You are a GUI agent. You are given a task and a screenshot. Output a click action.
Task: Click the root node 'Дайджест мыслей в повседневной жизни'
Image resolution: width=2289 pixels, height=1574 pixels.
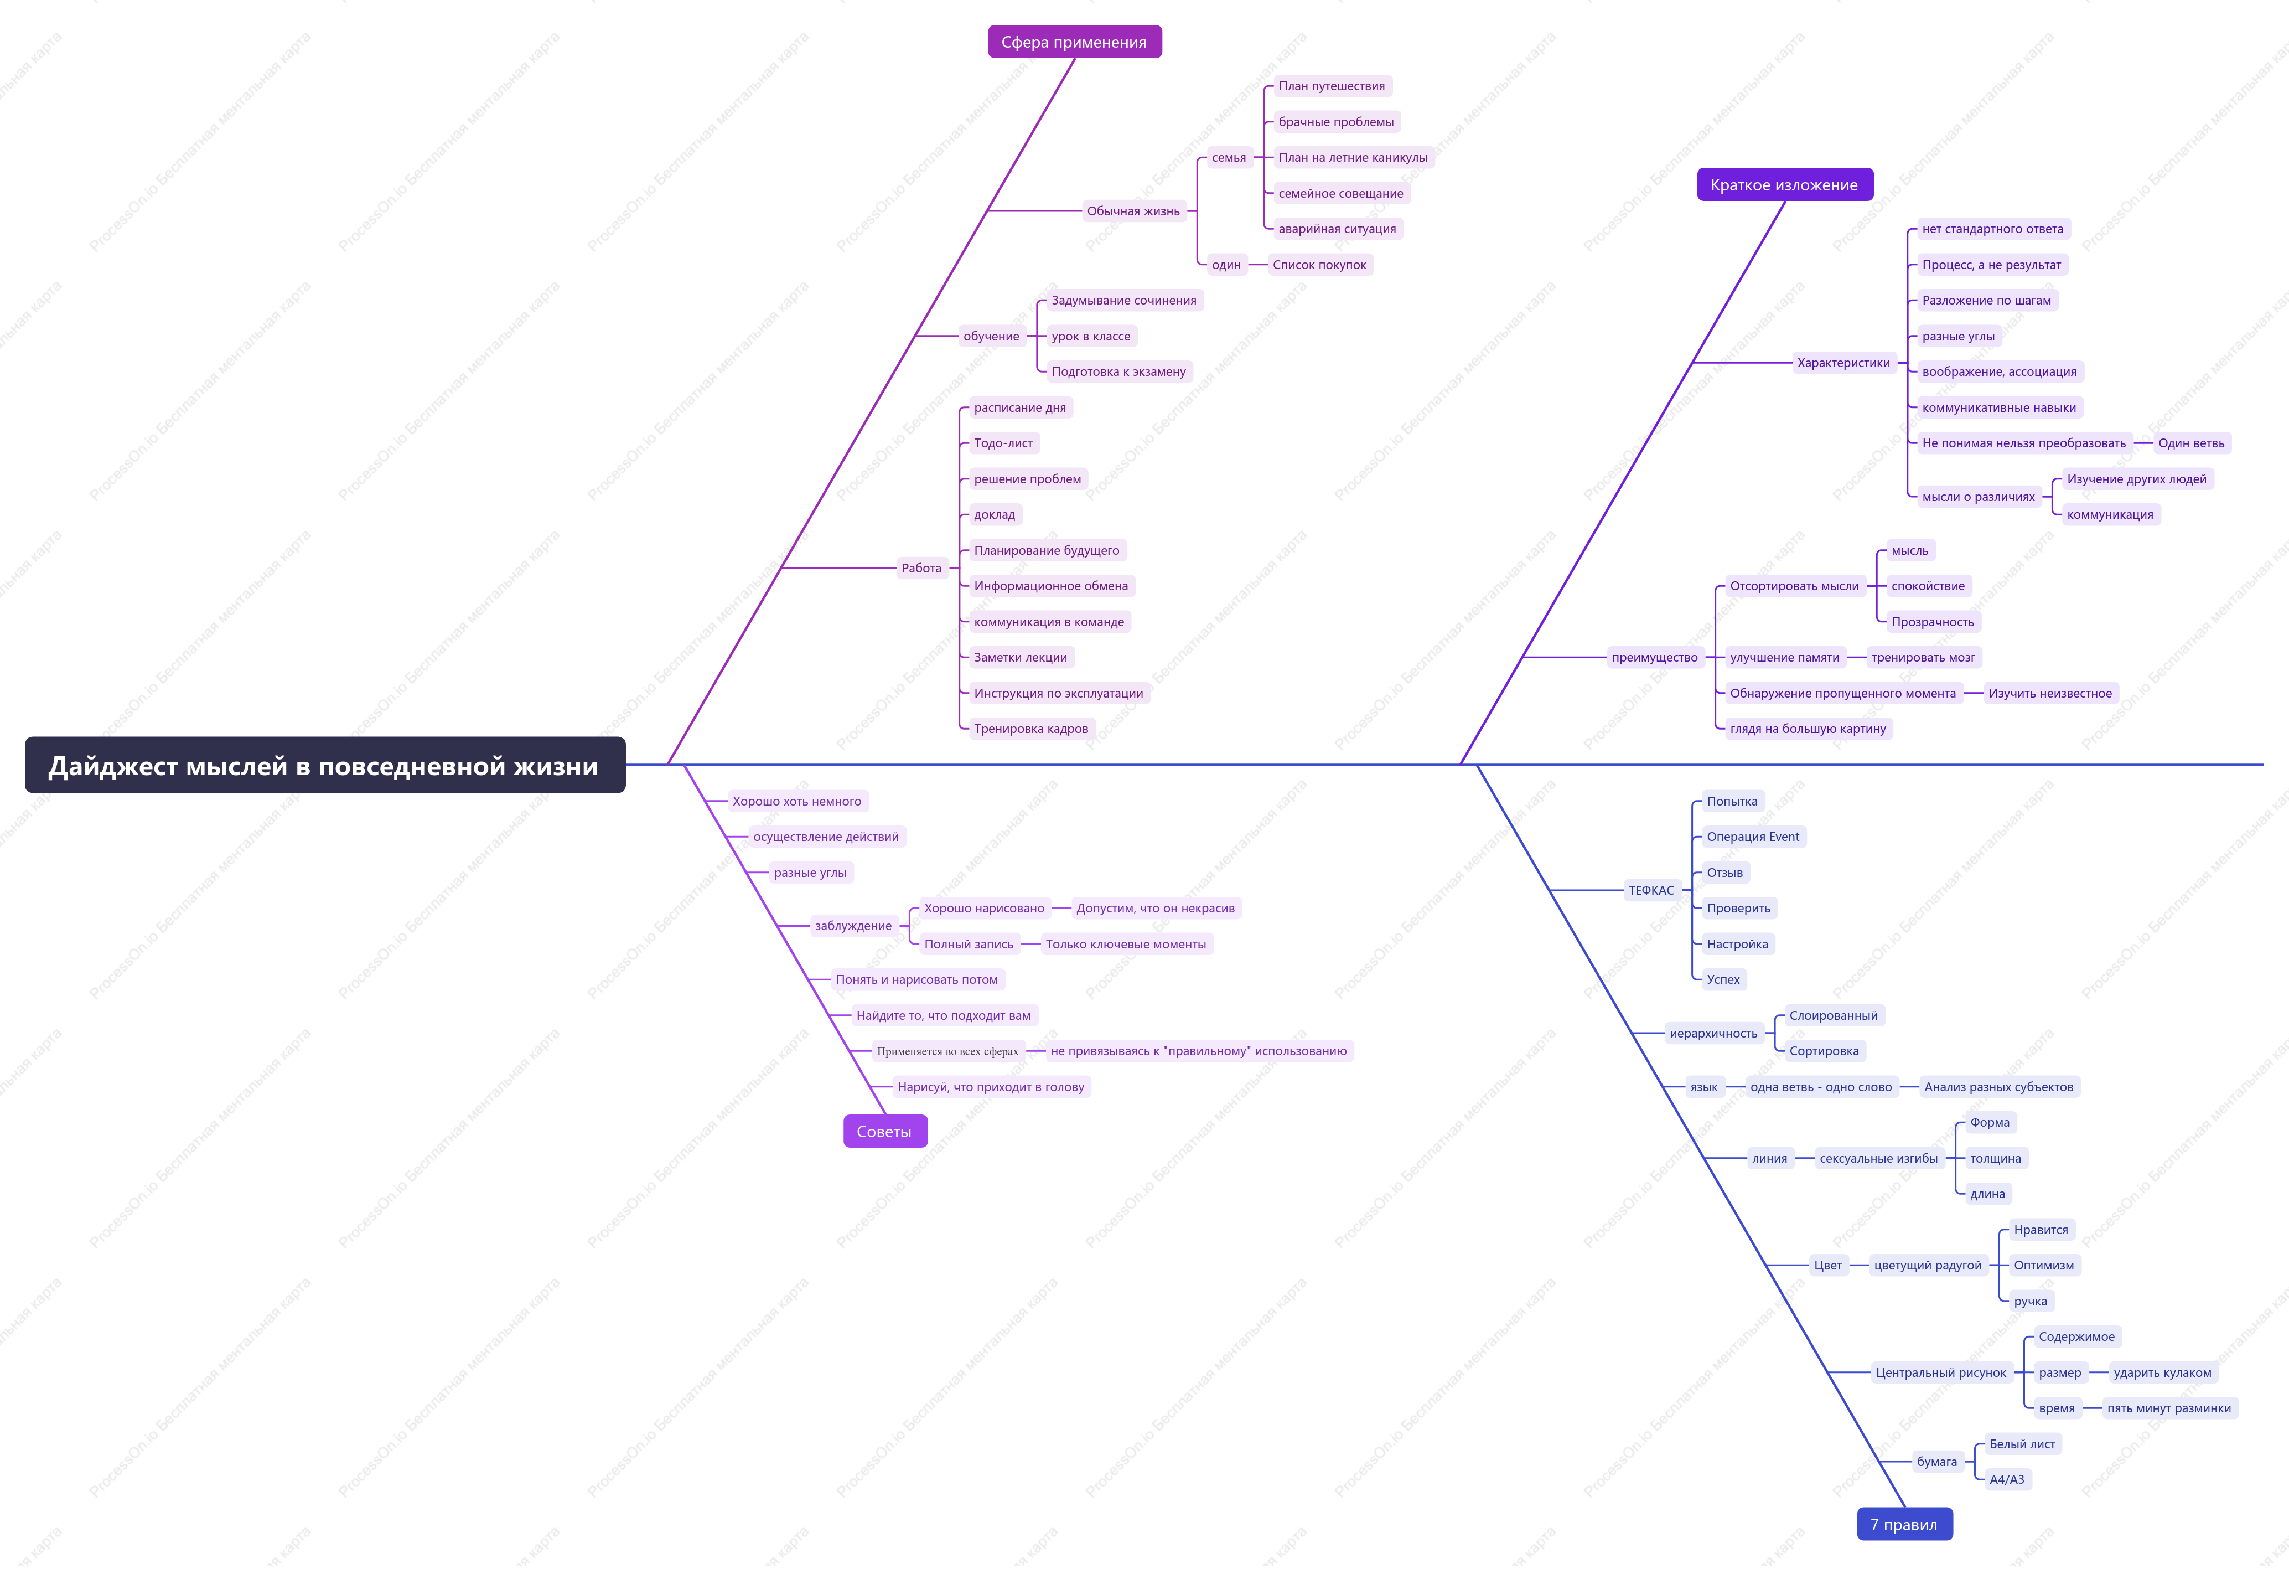(x=324, y=766)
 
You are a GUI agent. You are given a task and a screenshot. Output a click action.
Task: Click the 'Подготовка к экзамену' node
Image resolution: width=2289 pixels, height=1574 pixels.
(x=1119, y=373)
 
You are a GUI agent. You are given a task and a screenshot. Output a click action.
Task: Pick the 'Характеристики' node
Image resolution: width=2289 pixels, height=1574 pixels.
(x=1843, y=364)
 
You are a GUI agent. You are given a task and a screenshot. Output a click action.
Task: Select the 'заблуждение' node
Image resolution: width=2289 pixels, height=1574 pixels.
(x=854, y=927)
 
